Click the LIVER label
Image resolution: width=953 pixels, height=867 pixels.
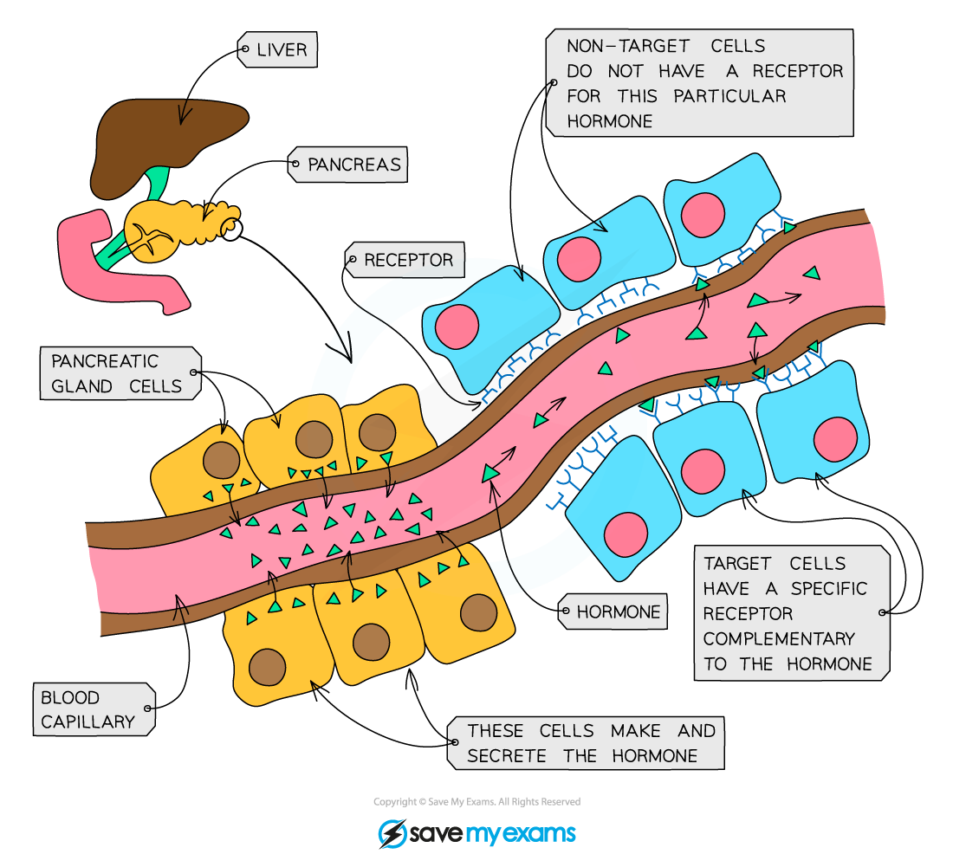point(282,50)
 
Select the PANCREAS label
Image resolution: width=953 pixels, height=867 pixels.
point(353,164)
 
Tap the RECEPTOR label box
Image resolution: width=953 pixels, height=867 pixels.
point(407,260)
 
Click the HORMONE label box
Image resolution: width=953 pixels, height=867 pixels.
point(618,611)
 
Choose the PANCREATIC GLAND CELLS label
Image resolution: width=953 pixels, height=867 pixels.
point(117,373)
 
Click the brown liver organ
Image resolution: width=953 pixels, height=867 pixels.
point(165,139)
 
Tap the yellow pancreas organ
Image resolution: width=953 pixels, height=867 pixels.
point(173,225)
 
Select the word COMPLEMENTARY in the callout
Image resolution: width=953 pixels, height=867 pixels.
point(778,639)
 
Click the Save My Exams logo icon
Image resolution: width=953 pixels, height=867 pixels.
point(392,833)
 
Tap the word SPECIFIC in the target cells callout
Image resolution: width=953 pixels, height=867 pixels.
point(828,589)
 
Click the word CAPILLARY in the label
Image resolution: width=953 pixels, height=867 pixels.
point(88,721)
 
